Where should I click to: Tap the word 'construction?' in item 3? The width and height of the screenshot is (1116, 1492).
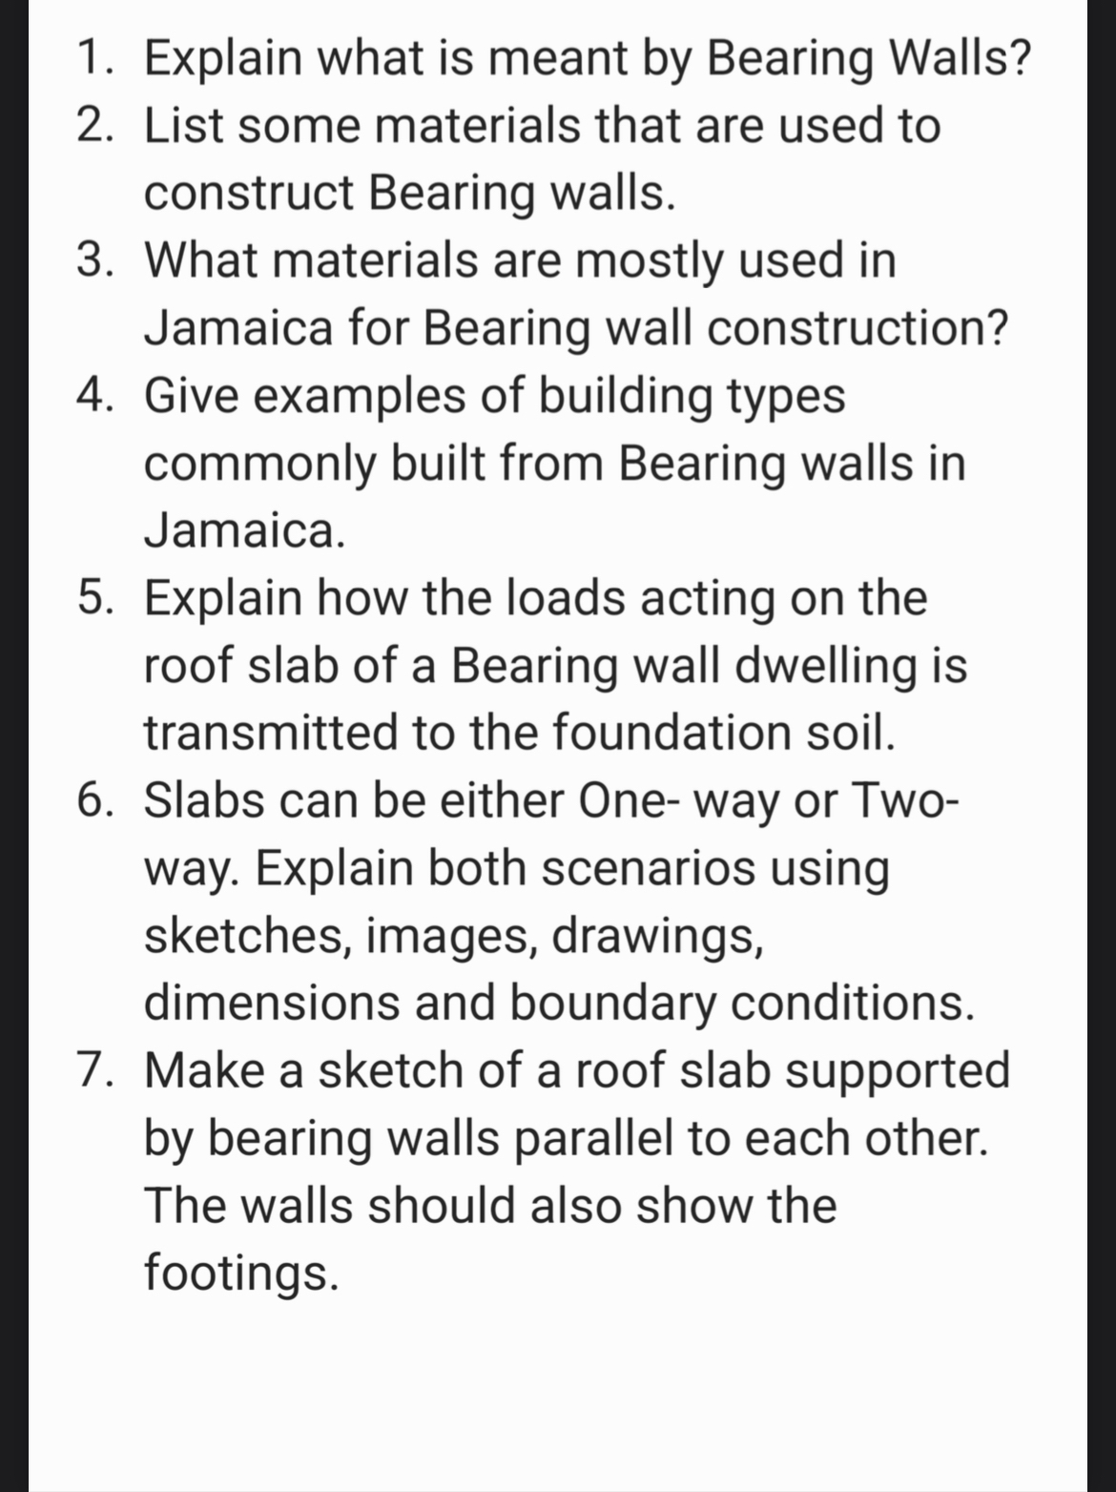coord(858,328)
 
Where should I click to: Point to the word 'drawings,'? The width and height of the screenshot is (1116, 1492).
coord(658,936)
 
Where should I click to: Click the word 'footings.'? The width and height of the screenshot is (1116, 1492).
coord(241,1273)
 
